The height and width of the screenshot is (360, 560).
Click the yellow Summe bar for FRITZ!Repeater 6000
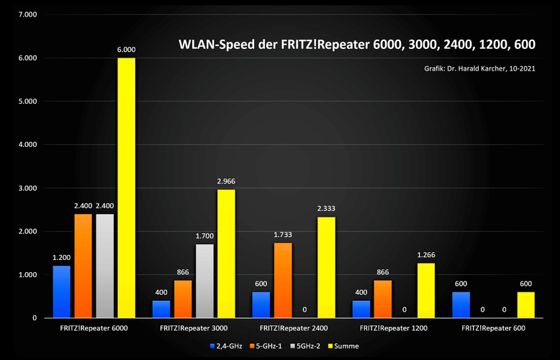[126, 187]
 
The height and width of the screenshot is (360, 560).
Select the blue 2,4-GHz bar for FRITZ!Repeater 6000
[61, 292]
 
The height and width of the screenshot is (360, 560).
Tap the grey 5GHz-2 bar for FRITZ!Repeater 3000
[205, 281]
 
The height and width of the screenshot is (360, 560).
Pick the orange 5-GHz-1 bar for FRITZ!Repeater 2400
[282, 280]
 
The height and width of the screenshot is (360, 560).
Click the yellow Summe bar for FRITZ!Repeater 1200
[425, 290]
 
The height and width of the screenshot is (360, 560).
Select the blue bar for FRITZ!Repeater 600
[461, 305]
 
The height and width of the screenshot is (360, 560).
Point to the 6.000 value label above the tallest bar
[126, 50]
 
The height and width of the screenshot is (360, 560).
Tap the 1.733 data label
[282, 235]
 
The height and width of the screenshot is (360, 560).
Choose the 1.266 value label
[425, 255]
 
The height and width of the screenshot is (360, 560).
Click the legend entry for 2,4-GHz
[226, 346]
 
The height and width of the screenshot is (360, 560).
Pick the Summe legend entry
[342, 346]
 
